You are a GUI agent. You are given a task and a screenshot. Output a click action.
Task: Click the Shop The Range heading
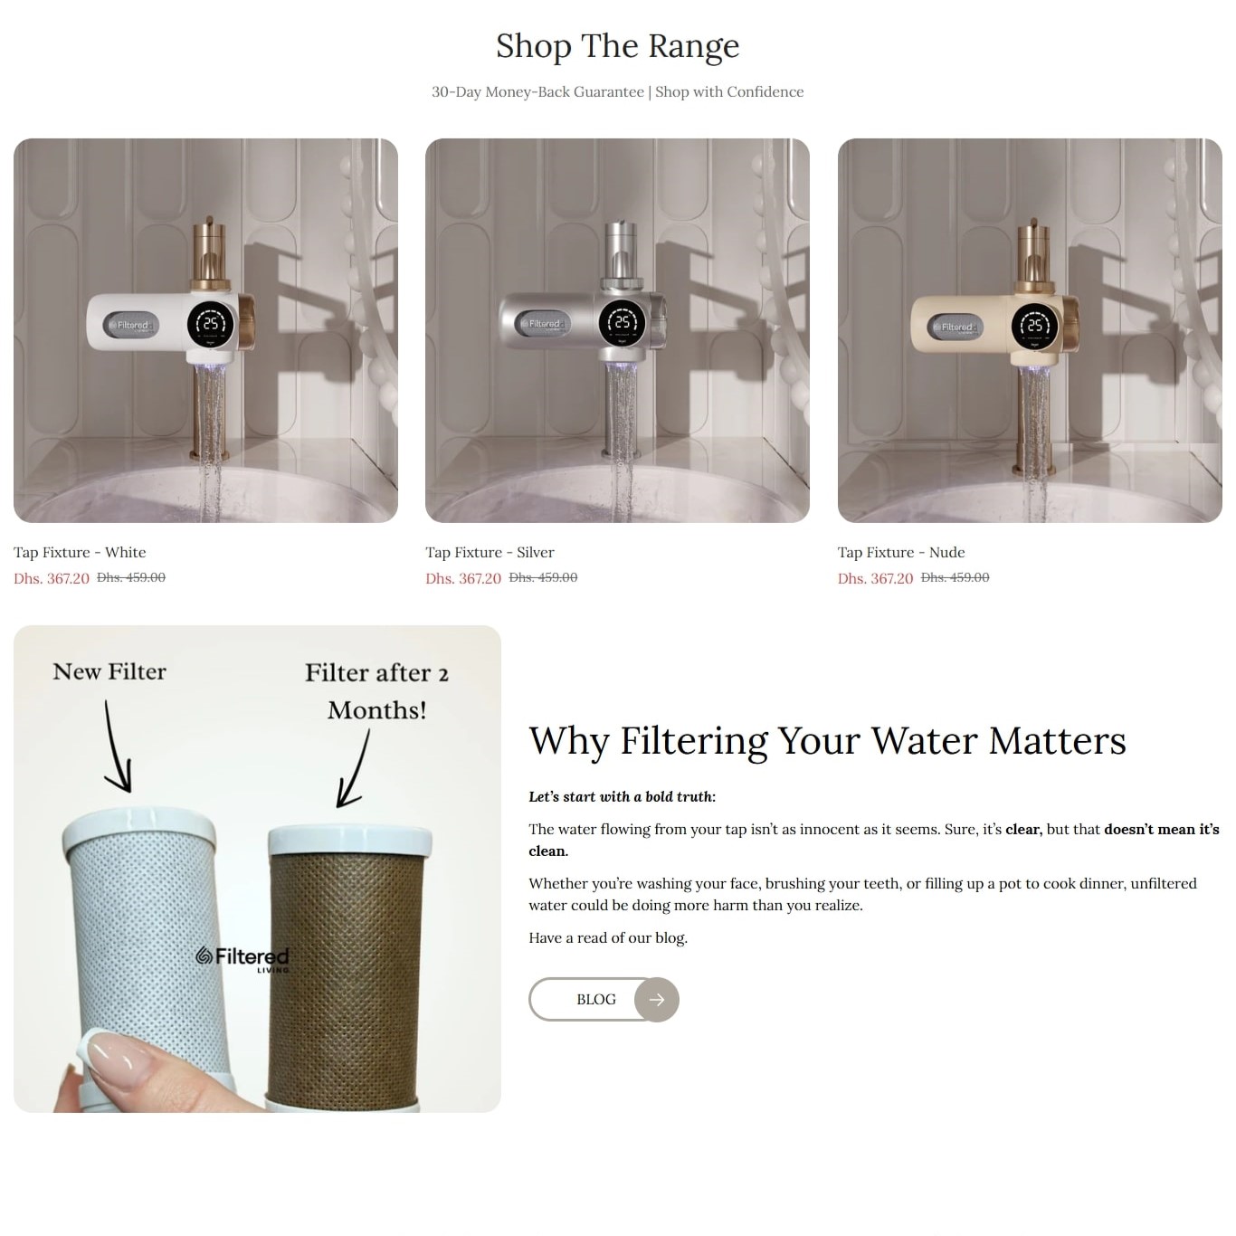coord(618,46)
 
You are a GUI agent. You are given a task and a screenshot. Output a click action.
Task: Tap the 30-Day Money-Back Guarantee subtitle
coord(618,91)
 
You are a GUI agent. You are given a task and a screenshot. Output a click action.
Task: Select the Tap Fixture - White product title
coord(80,552)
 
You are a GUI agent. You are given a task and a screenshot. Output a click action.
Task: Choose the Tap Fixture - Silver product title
coord(490,552)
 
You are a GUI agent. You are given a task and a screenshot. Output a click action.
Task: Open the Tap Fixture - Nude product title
coord(901,552)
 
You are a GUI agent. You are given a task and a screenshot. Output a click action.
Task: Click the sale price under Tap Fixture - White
coord(52,578)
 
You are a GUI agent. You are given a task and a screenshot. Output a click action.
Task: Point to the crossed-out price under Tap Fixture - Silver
coord(543,577)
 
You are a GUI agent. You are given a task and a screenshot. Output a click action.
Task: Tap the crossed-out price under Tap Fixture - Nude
coord(956,577)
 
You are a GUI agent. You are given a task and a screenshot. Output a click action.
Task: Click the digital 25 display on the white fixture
coord(211,324)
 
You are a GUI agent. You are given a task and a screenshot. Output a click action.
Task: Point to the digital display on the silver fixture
coord(623,322)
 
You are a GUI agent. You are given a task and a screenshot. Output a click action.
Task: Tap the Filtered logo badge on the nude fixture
coord(956,328)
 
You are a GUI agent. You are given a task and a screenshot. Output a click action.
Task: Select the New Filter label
coord(109,671)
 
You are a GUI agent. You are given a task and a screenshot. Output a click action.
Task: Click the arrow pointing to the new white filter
coord(116,747)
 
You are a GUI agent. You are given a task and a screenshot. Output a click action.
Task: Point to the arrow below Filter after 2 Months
coord(355,768)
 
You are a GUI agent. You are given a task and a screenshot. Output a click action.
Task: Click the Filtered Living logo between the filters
coord(242,958)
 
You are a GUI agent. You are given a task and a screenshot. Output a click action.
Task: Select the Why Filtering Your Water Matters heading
coord(827,741)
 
